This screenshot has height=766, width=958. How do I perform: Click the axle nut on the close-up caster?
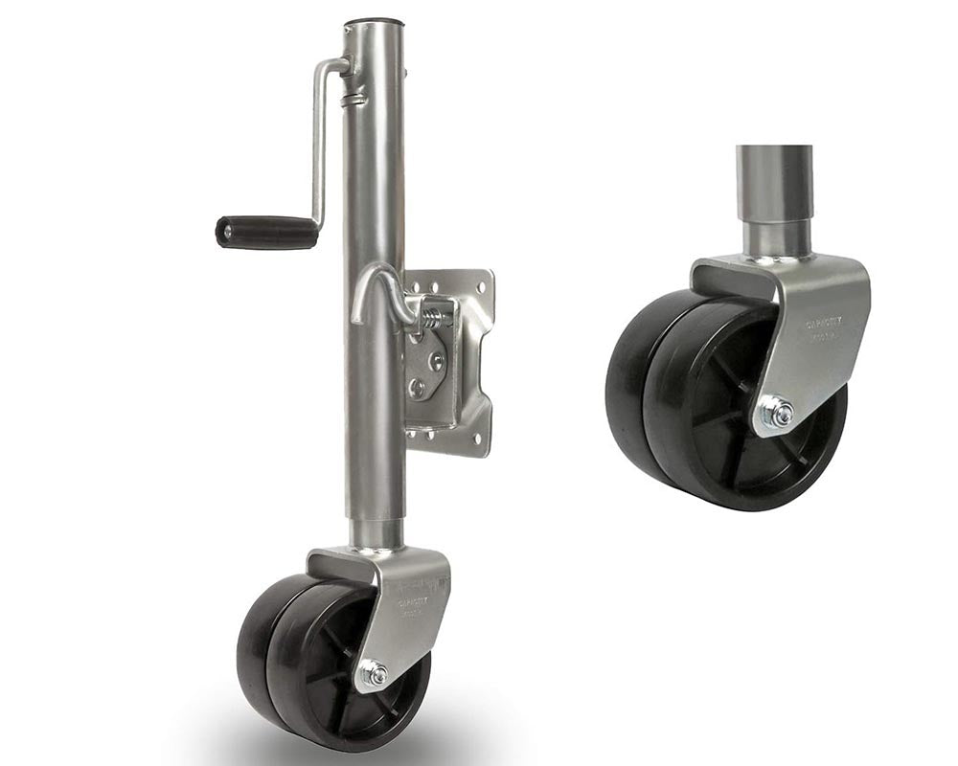click(x=781, y=414)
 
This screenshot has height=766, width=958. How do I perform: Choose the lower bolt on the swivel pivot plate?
click(x=419, y=388)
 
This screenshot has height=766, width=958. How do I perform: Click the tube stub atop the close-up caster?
click(x=774, y=201)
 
